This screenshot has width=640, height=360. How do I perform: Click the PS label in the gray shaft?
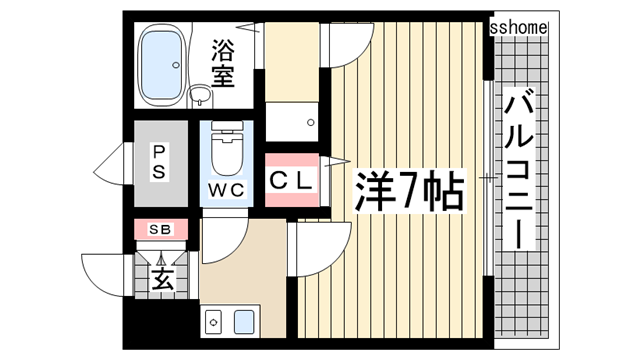(x=160, y=162)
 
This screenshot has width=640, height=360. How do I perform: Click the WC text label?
(x=228, y=189)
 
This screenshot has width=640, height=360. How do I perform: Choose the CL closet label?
(x=294, y=181)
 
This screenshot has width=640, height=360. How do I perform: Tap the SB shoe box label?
(x=160, y=229)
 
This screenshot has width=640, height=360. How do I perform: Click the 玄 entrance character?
(x=161, y=278)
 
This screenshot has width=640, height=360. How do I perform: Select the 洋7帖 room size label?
(x=410, y=191)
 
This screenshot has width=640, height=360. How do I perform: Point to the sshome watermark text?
(x=519, y=28)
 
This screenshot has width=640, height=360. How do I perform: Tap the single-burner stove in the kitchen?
(x=213, y=322)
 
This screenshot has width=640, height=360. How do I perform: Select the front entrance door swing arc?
(x=103, y=268)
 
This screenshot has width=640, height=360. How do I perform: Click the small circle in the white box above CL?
(x=311, y=121)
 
